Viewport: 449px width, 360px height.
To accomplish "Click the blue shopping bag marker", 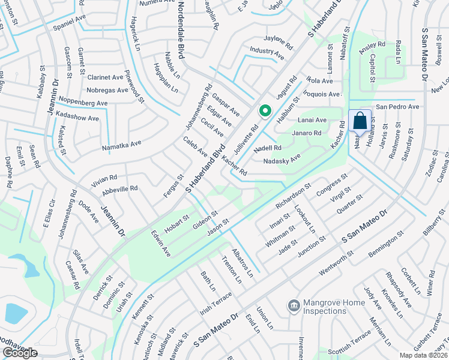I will pos(360,121).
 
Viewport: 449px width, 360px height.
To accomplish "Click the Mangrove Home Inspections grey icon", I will pos(294,307).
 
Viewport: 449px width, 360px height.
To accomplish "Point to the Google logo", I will pos(20,353).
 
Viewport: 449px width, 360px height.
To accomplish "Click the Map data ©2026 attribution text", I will pos(423,355).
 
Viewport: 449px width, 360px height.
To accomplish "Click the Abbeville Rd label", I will pos(120,188).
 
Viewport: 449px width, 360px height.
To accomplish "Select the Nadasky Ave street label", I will pos(282,160).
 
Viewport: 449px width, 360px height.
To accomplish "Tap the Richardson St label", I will pos(292,197).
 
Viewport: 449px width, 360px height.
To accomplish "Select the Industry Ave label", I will pos(267,53).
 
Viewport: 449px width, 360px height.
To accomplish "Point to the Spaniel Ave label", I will pos(70,20).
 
